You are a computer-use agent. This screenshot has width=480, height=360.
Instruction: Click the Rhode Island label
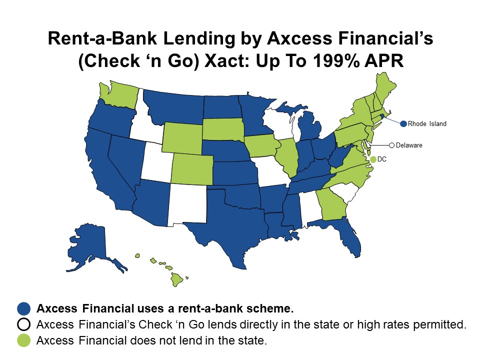click(427, 123)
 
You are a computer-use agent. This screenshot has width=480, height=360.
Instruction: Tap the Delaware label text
click(409, 145)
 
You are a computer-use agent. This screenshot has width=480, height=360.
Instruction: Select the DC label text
click(382, 159)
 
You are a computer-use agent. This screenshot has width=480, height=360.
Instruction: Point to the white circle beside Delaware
click(392, 145)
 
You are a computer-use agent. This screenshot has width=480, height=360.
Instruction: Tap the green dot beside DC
click(373, 159)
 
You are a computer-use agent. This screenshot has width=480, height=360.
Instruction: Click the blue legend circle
click(23, 307)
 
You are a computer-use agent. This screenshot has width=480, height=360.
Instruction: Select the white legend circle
click(23, 324)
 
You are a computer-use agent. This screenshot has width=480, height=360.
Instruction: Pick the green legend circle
click(23, 340)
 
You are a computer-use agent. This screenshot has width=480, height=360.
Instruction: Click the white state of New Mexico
click(187, 203)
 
